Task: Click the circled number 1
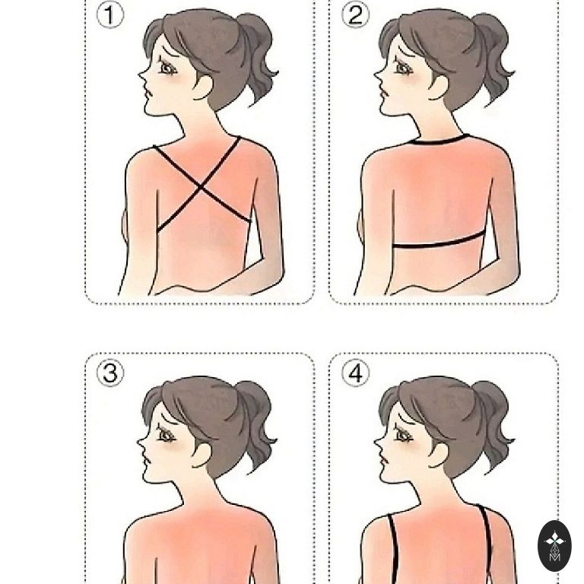[109, 15]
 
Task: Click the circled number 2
[356, 15]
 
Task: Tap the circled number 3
[110, 373]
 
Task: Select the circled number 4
[356, 373]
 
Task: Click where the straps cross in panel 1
[201, 186]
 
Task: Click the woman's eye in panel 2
[403, 68]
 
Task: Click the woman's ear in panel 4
[439, 455]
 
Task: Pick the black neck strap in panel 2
[439, 140]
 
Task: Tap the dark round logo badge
[554, 546]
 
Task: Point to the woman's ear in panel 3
[202, 455]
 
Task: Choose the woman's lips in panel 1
[148, 92]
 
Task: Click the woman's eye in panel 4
[403, 436]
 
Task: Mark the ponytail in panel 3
[255, 424]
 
